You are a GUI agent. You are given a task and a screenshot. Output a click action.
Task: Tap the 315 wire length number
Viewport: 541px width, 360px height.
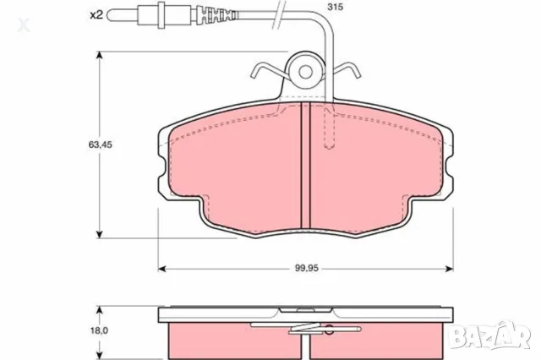336,8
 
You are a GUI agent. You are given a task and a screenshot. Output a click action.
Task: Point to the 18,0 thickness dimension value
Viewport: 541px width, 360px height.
78,331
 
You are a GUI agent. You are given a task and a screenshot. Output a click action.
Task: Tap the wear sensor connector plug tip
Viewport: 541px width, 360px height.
111,14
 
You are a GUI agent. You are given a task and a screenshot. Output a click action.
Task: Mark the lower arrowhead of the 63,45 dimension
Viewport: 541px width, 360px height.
100,233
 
